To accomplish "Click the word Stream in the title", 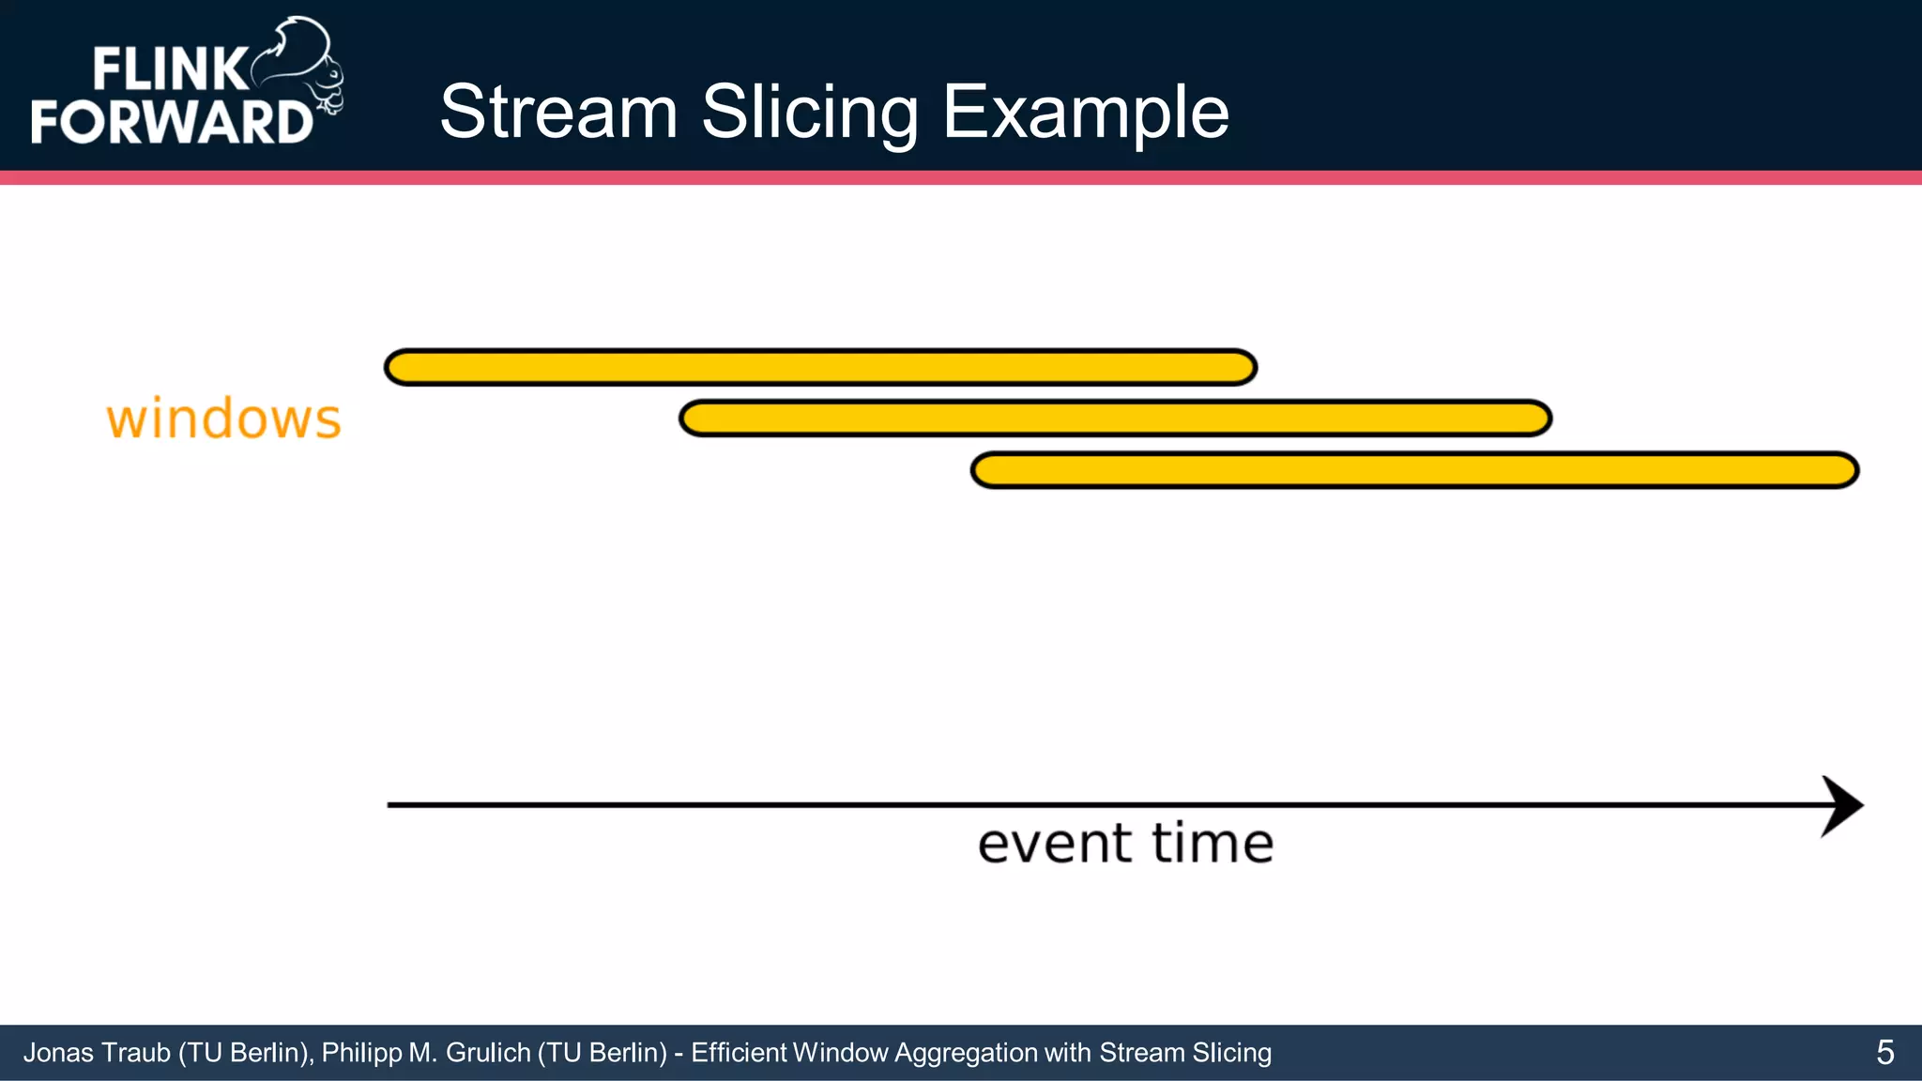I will click(558, 112).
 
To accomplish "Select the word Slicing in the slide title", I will click(809, 112).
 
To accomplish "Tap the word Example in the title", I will click(1085, 112).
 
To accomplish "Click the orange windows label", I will click(223, 419).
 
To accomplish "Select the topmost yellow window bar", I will click(820, 367).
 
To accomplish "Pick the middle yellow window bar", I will click(1115, 419).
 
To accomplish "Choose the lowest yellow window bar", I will click(1414, 470).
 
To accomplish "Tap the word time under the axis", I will click(1213, 844).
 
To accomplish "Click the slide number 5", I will click(1884, 1053).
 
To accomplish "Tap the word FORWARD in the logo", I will click(171, 122).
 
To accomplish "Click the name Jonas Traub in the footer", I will click(97, 1053).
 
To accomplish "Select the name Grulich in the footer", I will click(488, 1053).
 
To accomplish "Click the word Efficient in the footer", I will click(739, 1053).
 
